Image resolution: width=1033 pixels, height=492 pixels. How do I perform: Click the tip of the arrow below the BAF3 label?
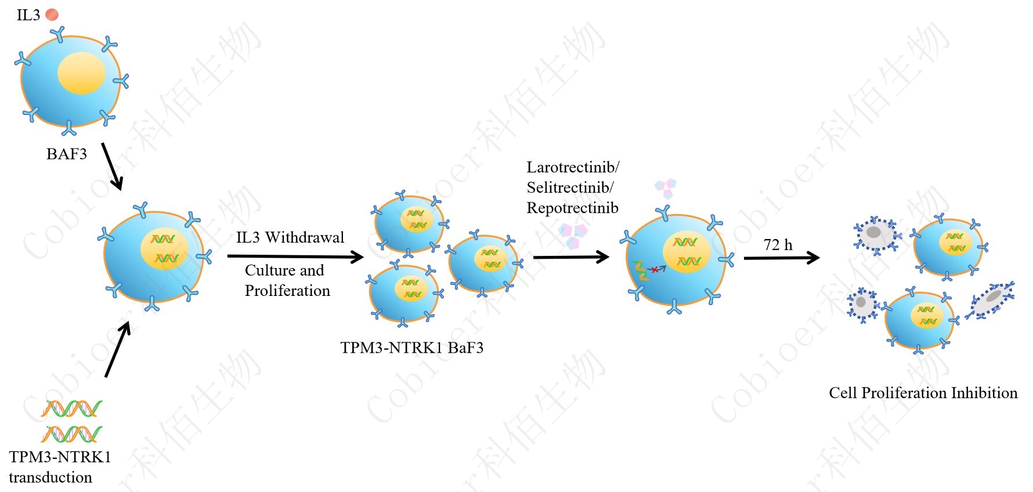120,190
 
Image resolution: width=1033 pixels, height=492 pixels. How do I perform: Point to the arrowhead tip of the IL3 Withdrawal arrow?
364,257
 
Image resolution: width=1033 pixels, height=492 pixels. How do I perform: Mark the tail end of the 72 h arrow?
745,258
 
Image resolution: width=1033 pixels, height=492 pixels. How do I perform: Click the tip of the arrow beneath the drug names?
609,257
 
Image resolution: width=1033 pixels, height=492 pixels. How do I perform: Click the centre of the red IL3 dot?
52,15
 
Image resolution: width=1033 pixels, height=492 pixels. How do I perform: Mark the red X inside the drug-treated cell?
655,269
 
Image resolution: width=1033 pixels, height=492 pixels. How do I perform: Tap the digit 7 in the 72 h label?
768,245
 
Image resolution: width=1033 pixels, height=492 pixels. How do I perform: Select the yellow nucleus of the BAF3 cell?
81,73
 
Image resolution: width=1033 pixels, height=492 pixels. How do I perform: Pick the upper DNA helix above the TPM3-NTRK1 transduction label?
72,408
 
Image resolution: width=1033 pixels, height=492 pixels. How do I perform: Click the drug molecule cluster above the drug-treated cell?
666,188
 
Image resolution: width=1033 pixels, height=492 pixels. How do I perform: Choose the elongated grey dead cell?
989,301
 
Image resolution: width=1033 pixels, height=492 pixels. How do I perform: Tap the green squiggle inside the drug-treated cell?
640,271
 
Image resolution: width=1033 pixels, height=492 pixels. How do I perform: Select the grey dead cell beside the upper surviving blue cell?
875,233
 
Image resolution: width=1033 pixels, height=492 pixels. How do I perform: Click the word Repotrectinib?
572,208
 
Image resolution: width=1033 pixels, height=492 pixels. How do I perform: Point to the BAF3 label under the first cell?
67,154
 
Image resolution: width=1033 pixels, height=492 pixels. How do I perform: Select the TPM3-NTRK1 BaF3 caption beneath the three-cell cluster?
411,348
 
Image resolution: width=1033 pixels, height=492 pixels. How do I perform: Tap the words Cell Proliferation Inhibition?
923,393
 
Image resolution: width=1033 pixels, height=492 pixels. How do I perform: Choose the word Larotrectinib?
573,167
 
